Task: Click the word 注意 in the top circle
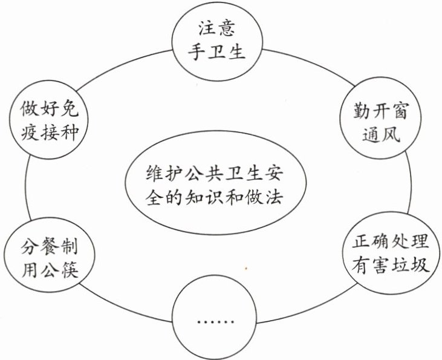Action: click(x=217, y=28)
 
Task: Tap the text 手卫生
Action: click(x=216, y=51)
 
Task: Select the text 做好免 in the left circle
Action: click(x=50, y=109)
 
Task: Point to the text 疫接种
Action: click(x=50, y=133)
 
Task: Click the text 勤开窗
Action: click(x=380, y=111)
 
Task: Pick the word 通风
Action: click(x=381, y=134)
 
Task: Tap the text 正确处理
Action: click(x=391, y=241)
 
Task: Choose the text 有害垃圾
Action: click(x=391, y=264)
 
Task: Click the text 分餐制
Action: click(x=50, y=246)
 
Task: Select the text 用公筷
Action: click(x=50, y=270)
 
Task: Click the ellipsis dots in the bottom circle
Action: click(x=216, y=322)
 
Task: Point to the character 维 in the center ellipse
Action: click(x=155, y=172)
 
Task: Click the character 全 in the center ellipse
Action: click(x=155, y=197)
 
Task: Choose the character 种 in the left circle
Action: click(x=70, y=133)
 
